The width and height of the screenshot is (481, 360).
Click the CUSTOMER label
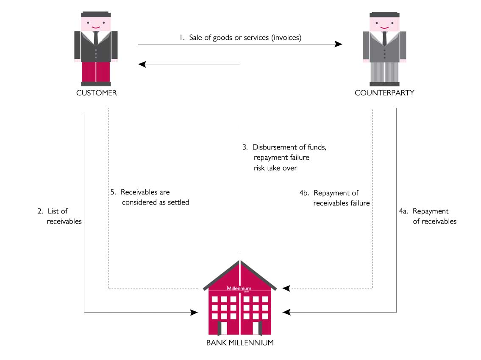click(96, 93)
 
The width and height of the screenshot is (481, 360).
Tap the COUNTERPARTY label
click(384, 93)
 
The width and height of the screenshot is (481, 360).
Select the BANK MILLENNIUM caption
click(240, 343)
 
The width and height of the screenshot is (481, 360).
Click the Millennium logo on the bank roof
click(239, 288)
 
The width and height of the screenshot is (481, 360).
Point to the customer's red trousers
click(96, 72)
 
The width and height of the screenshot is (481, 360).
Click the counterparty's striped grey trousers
click(384, 72)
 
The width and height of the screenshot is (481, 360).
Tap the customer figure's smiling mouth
click(96, 28)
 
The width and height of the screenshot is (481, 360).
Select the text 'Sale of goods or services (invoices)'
click(245, 38)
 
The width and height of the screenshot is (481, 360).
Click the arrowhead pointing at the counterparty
click(338, 44)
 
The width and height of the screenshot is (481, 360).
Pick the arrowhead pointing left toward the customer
click(142, 64)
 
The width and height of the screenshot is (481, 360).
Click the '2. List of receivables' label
click(59, 216)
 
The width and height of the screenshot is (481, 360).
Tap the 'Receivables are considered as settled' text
click(150, 197)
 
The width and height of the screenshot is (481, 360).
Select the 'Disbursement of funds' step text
click(284, 147)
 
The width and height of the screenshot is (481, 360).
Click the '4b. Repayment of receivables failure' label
click(335, 198)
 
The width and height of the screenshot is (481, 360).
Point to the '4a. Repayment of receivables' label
click(428, 216)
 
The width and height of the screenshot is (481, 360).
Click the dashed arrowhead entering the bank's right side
click(286, 288)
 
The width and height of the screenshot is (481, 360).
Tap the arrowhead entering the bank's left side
click(194, 313)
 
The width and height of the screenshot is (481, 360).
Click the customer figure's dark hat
click(96, 14)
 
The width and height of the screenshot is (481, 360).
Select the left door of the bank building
click(223, 328)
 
